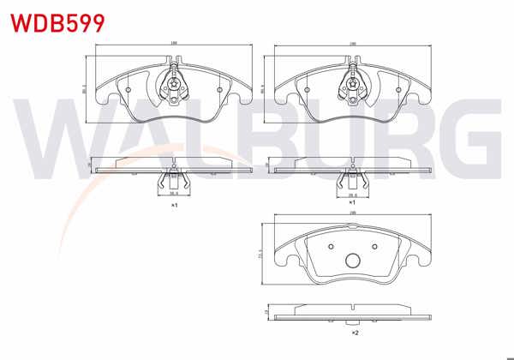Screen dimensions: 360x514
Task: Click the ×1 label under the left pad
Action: [x=173, y=206]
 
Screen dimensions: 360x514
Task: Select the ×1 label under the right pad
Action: [x=351, y=206]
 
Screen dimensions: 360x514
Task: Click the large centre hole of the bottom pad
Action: [x=351, y=262]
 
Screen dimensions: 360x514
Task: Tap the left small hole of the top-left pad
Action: [x=128, y=87]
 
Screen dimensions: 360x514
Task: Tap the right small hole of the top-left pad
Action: [x=219, y=87]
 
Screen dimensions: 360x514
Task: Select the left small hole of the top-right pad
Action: [x=306, y=87]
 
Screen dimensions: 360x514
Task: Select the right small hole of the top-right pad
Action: [x=397, y=87]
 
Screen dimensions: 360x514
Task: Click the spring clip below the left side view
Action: [x=173, y=181]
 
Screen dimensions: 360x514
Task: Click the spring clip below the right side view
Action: [x=351, y=181]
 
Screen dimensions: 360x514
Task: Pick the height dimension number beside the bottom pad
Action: [x=260, y=254]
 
